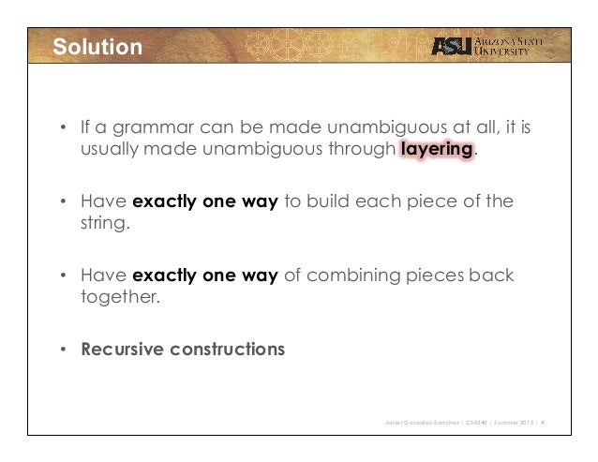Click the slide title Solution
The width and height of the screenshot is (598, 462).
tap(96, 46)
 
